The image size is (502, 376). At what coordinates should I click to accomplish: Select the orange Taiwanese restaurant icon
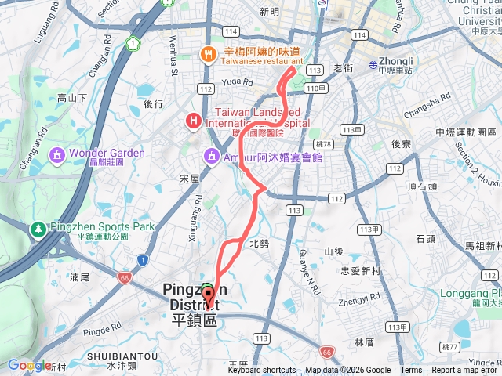[208, 54]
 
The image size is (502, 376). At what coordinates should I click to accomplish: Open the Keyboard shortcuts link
[262, 371]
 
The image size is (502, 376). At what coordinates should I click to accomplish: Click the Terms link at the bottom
[411, 371]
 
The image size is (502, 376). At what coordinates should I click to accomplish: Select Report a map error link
[465, 371]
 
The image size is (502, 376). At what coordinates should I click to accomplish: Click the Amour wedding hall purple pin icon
[210, 157]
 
